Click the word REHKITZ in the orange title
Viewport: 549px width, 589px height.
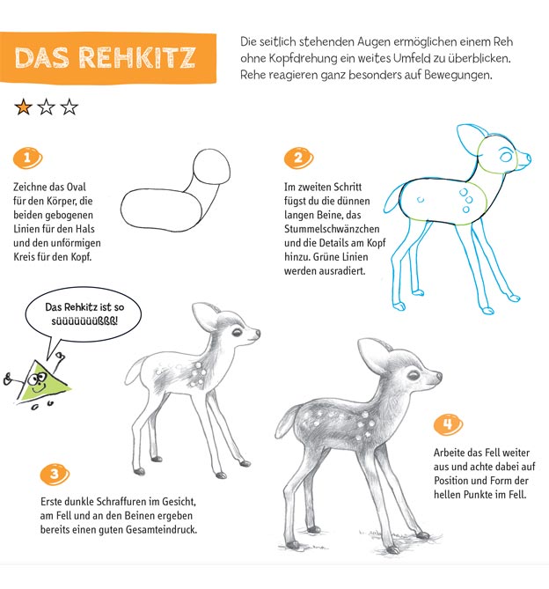[137, 58]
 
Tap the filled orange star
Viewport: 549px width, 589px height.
[23, 107]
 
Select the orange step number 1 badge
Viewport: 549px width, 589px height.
[28, 158]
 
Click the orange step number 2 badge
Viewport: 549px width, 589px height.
[299, 158]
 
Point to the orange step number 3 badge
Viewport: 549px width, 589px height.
[55, 475]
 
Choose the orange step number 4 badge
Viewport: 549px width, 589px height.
[448, 425]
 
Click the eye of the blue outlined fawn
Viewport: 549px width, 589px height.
[506, 155]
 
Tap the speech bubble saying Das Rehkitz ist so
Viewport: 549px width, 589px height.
[84, 314]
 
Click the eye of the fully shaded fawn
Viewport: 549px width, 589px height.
[414, 375]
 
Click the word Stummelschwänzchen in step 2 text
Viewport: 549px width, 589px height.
[332, 229]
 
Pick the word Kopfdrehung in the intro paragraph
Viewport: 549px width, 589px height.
[298, 59]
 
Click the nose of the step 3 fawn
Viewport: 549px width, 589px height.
[257, 333]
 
